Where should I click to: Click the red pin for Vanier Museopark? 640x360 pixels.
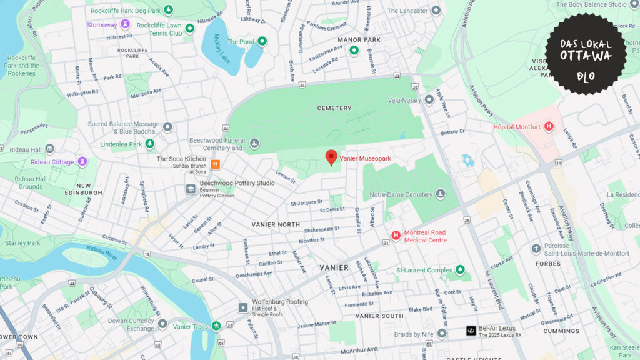tap(331, 157)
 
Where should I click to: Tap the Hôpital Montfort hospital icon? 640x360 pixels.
tap(549, 127)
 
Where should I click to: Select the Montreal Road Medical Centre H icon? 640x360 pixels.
tap(396, 236)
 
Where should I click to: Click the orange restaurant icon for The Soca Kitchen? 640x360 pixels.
tap(215, 164)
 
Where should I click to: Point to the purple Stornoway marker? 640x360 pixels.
tap(125, 24)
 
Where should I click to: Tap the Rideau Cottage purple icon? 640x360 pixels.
tap(82, 162)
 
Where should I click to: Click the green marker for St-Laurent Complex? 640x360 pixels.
tap(461, 270)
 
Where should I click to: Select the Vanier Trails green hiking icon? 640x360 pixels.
tap(216, 326)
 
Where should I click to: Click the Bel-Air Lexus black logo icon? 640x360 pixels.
tap(471, 331)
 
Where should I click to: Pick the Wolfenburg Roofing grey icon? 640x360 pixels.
tap(243, 307)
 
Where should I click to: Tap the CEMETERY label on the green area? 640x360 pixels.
tap(334, 108)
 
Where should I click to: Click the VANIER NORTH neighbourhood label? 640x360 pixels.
tap(276, 224)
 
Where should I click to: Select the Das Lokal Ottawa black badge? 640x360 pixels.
tap(585, 54)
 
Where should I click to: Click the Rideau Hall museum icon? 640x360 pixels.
tap(49, 148)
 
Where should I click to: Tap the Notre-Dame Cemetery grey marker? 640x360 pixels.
tap(441, 194)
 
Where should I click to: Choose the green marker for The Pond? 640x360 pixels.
tap(262, 42)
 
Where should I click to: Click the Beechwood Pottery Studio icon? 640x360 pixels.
tap(191, 189)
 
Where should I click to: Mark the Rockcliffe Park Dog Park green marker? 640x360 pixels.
tap(168, 11)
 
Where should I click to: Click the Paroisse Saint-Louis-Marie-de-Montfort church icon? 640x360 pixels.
tap(536, 249)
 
